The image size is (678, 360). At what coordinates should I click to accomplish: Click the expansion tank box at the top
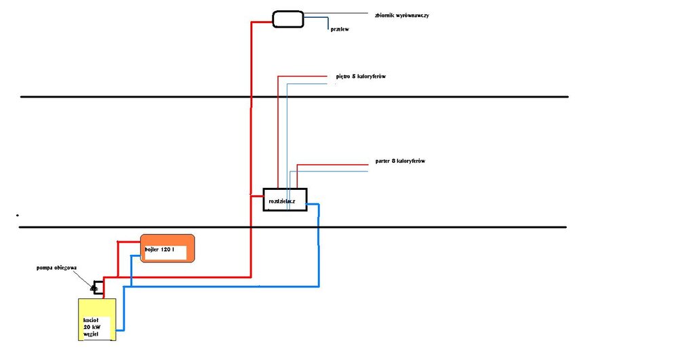point(288,18)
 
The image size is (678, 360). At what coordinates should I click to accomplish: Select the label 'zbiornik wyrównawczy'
point(401,14)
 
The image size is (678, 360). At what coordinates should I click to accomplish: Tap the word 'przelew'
point(339,30)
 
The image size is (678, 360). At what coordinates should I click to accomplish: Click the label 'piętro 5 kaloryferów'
point(361,76)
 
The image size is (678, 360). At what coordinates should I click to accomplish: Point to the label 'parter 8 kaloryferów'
point(399,161)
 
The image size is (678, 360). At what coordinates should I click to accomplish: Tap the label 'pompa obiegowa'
point(56,268)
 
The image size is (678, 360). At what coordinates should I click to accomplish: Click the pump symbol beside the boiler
point(96,287)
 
